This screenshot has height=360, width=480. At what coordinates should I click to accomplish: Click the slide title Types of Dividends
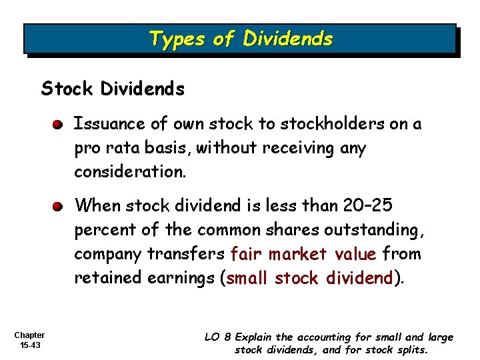click(x=241, y=39)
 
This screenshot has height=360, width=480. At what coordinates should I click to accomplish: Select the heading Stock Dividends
click(x=113, y=89)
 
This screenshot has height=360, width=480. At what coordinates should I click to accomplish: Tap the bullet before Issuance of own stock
click(x=59, y=125)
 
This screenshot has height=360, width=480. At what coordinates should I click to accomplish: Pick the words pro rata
click(x=107, y=148)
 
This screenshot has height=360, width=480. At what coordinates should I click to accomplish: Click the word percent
click(x=101, y=229)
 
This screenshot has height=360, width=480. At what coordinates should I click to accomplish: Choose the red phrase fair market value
click(x=303, y=253)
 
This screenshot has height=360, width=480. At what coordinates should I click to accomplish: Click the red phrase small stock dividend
click(x=311, y=277)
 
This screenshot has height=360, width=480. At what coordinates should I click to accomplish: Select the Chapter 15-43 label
click(x=29, y=340)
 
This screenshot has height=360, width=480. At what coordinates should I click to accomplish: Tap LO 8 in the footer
click(x=215, y=337)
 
